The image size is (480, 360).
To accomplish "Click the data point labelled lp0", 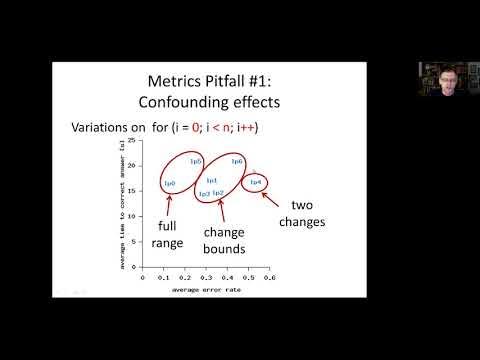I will coord(169,183).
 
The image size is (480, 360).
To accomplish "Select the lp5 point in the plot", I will coord(196,161).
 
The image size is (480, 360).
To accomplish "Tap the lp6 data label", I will coord(237,161).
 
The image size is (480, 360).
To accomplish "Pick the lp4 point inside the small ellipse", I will coord(255,182).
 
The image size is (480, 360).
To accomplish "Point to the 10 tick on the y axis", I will coord(136,221).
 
